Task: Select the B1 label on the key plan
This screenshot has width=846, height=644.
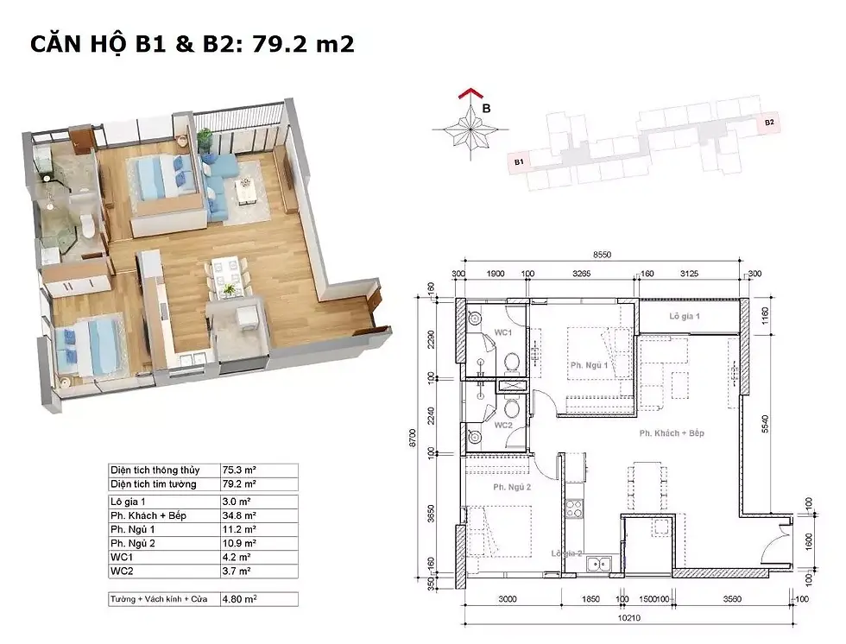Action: (x=520, y=161)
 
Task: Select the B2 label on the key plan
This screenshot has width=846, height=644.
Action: (x=768, y=123)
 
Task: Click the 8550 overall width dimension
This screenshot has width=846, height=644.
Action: (x=603, y=256)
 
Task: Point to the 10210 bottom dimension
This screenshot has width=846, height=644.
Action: (x=627, y=619)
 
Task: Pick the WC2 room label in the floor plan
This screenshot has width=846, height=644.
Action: (x=504, y=426)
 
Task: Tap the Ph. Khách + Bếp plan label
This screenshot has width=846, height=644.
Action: (x=672, y=432)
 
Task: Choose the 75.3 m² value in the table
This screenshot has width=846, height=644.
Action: (x=237, y=470)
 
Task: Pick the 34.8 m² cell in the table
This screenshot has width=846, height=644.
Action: (x=237, y=515)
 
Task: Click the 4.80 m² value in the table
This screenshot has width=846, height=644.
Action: (x=239, y=597)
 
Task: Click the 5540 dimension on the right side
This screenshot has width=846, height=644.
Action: (x=765, y=423)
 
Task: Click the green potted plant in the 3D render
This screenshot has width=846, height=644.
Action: (x=205, y=139)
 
